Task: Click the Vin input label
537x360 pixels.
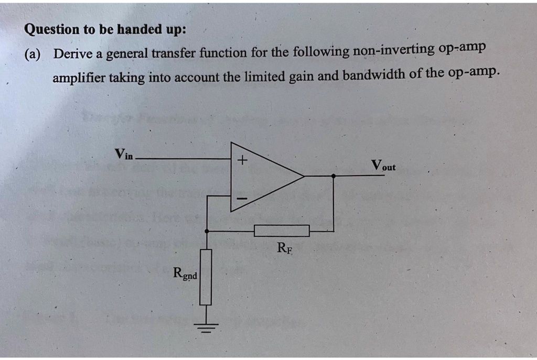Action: [x=125, y=154]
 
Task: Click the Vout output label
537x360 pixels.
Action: [x=383, y=166]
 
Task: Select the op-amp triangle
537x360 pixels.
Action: [x=262, y=177]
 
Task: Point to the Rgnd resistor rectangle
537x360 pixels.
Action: [x=206, y=277]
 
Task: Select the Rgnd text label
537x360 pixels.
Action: [x=185, y=273]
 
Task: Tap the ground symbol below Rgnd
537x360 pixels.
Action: [x=206, y=328]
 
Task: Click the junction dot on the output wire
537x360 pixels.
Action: [x=334, y=176]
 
